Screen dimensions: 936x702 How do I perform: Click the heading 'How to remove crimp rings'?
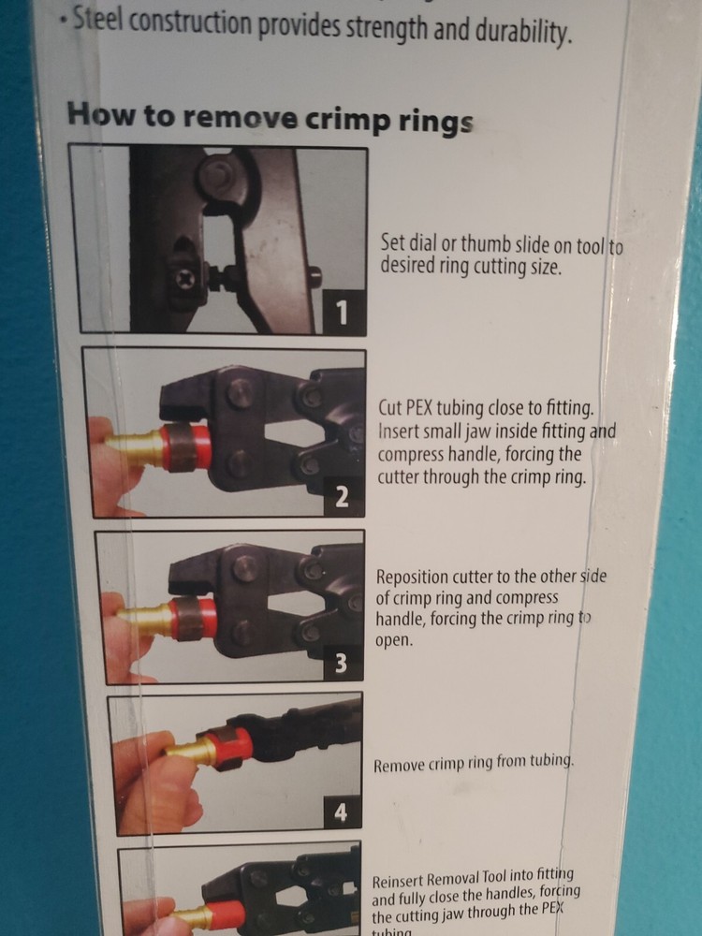[270, 118]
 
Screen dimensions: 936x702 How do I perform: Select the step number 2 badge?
[342, 497]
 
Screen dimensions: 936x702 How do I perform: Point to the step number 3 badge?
[342, 665]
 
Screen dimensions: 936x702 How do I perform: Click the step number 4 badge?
[340, 814]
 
